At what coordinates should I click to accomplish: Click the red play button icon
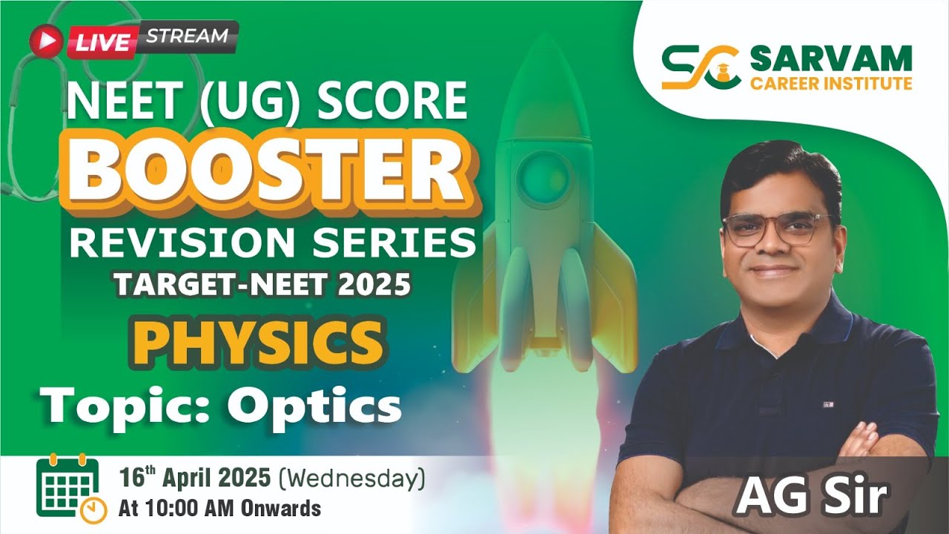46,42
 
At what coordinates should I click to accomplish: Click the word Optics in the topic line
314,406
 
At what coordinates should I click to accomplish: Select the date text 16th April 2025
195,478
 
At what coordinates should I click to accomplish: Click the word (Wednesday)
351,479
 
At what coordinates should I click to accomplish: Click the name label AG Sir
811,495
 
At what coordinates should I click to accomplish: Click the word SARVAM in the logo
830,58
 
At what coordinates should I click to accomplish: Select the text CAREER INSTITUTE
831,83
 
